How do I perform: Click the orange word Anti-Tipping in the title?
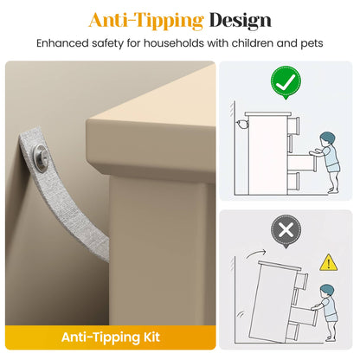pos(146,21)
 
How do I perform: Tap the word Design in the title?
pos(241,21)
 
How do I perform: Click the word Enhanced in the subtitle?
pos(62,43)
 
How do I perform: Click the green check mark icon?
pos(286,82)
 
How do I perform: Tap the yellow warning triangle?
pos(328,263)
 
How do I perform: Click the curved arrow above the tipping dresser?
pos(254,253)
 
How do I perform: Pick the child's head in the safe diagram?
pos(327,138)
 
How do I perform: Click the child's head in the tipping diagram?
pos(326,291)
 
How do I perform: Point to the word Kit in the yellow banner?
pos(151,337)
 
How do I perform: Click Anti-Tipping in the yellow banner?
pos(100,337)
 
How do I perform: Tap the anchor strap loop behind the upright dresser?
pos(241,124)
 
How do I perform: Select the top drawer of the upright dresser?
pos(293,125)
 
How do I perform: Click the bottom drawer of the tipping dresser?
pos(292,332)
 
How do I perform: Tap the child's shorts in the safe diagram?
pos(334,168)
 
